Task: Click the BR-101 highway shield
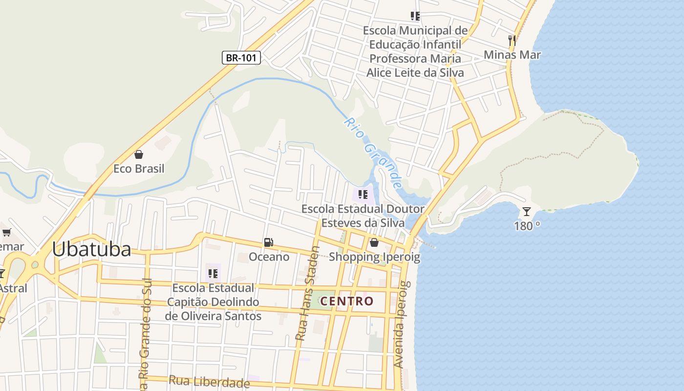click(x=241, y=58)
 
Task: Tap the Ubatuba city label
click(x=91, y=249)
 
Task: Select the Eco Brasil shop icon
click(x=139, y=154)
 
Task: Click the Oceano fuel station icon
click(x=268, y=242)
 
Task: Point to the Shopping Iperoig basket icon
click(x=374, y=242)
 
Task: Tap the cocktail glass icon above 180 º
click(x=526, y=212)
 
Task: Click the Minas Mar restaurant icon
click(x=512, y=40)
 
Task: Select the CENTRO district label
click(x=347, y=301)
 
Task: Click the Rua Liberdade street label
click(x=209, y=381)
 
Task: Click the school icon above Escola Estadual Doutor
click(x=363, y=195)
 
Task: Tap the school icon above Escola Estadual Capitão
click(x=213, y=273)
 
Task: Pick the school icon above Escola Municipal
click(x=415, y=16)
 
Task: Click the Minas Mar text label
click(x=512, y=55)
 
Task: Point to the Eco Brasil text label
click(x=139, y=169)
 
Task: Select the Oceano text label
click(x=269, y=257)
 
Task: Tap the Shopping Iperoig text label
click(x=374, y=257)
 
